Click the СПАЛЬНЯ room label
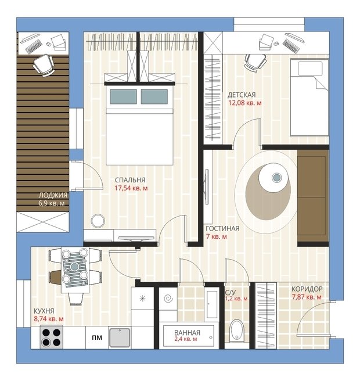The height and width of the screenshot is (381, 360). coord(130,180)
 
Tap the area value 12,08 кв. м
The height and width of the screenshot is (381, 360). coord(245,103)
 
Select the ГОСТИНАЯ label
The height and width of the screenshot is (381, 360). coord(222,228)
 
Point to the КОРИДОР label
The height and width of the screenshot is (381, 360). coord(307,289)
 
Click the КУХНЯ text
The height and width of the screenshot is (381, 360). coord(44,311)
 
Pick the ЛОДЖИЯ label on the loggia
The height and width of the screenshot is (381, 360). coord(53,195)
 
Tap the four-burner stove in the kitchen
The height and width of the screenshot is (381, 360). coord(51,337)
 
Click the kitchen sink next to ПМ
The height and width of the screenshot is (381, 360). coord(120,337)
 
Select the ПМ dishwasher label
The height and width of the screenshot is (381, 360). coord(97,337)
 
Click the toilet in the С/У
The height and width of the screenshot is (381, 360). coord(236,330)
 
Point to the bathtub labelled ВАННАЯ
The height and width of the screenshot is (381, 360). coord(189,336)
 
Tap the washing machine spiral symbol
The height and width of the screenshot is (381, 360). coord(168,299)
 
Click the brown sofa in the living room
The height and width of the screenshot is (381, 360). coord(313,196)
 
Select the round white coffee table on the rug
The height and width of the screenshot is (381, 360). coord(273,178)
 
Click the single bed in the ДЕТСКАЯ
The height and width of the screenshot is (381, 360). coord(309,97)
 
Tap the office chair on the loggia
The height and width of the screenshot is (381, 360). coord(44,65)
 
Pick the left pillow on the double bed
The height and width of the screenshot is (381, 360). coord(123,96)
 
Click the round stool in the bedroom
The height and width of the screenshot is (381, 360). coord(98,221)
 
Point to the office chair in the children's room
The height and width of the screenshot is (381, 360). coord(255,62)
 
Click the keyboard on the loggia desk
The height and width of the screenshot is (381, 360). coord(33,46)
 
